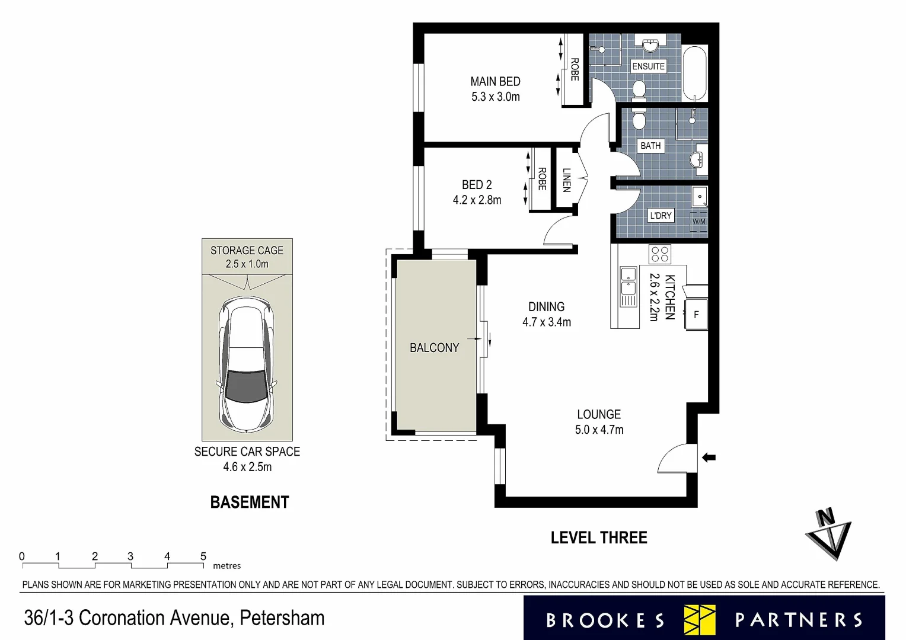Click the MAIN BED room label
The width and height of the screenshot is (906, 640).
click(x=495, y=82)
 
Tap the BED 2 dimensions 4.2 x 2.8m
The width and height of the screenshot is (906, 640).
click(x=477, y=200)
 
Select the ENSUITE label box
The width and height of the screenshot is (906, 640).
click(x=648, y=66)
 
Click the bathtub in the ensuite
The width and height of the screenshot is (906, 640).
click(x=694, y=73)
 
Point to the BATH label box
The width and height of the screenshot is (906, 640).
click(x=650, y=146)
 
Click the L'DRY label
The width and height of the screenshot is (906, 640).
click(x=660, y=216)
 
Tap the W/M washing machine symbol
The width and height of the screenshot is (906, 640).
click(x=699, y=222)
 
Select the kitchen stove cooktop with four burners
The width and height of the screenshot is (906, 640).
click(x=659, y=254)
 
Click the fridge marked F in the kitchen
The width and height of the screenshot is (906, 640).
click(x=696, y=315)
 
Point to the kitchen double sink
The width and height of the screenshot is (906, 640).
click(x=628, y=287)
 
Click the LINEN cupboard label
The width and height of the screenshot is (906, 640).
click(x=566, y=180)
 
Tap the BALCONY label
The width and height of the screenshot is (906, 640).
click(x=434, y=348)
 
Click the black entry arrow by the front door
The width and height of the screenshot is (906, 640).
click(x=709, y=457)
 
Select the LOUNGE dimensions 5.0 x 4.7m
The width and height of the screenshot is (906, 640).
click(x=599, y=430)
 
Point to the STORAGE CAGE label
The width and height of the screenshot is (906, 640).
click(x=247, y=251)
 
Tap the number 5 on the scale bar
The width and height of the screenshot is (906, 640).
click(x=203, y=556)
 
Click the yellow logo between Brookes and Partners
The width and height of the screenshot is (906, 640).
click(x=700, y=620)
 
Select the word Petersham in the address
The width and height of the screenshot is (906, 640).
click(x=282, y=618)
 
